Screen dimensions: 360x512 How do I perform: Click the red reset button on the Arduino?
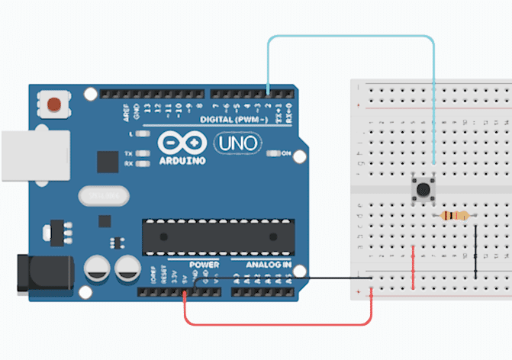point(54,104)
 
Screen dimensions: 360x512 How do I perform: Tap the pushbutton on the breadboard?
point(420,190)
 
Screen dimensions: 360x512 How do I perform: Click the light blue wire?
point(351,37)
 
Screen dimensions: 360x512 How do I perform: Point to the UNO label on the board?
point(237,143)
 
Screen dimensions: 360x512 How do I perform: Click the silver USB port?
point(18,156)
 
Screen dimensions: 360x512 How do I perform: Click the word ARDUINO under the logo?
point(182,161)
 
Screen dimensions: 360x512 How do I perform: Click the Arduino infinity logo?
point(182,144)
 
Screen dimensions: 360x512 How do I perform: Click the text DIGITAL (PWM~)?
point(233,120)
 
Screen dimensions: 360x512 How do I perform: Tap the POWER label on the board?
point(204,265)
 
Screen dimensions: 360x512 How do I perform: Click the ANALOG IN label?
point(267,265)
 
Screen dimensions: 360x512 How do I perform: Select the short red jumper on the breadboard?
point(413,267)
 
